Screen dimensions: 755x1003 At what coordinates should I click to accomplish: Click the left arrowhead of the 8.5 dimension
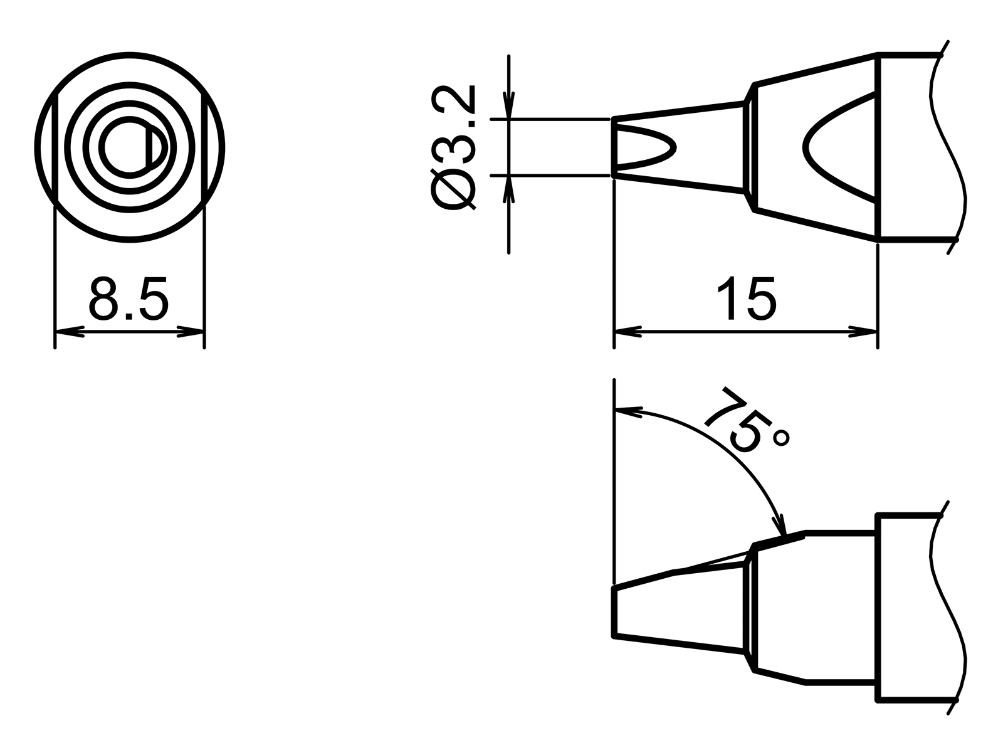point(69,331)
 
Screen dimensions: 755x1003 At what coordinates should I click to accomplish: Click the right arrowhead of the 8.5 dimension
point(191,331)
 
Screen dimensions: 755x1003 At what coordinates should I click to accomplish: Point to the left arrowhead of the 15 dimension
point(627,331)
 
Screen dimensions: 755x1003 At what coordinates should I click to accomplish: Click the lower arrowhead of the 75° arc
point(780,525)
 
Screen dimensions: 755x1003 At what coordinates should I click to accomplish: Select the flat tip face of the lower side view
point(614,612)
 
